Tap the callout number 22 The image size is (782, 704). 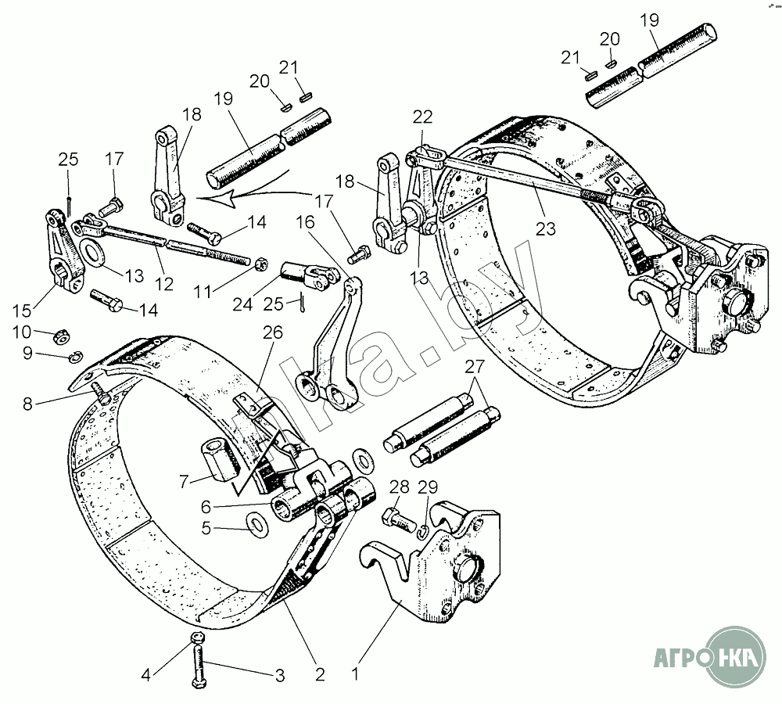[x=423, y=117]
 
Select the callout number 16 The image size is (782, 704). [x=305, y=223]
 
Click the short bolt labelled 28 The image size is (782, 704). [x=394, y=517]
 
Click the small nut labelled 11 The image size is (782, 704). [x=262, y=264]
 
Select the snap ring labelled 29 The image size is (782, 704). [x=421, y=531]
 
